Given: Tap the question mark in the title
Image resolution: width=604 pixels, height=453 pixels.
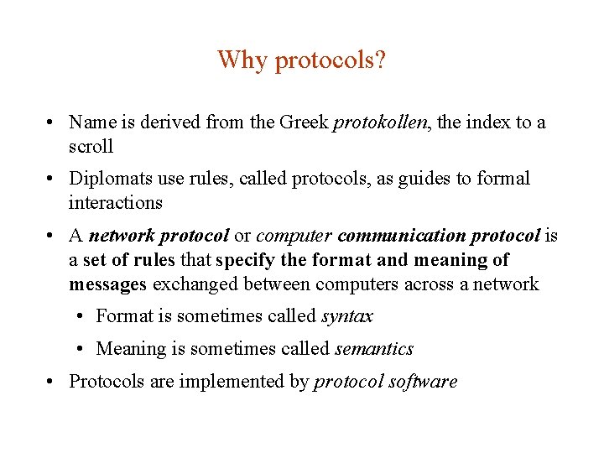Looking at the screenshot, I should click(x=381, y=60).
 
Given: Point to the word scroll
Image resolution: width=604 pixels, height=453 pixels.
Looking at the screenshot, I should click(x=91, y=146).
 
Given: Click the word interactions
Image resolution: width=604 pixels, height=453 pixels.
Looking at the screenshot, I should click(x=116, y=202).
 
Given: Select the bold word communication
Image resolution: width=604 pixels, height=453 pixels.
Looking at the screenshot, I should click(x=402, y=237).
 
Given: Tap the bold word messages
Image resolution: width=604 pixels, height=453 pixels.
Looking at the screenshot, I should click(x=107, y=284).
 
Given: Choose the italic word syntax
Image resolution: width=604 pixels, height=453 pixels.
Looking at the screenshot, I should click(x=347, y=316).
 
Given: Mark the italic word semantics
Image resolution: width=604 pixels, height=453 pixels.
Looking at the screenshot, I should click(x=373, y=349).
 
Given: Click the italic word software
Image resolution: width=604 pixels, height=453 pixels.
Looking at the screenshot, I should click(x=424, y=382).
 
